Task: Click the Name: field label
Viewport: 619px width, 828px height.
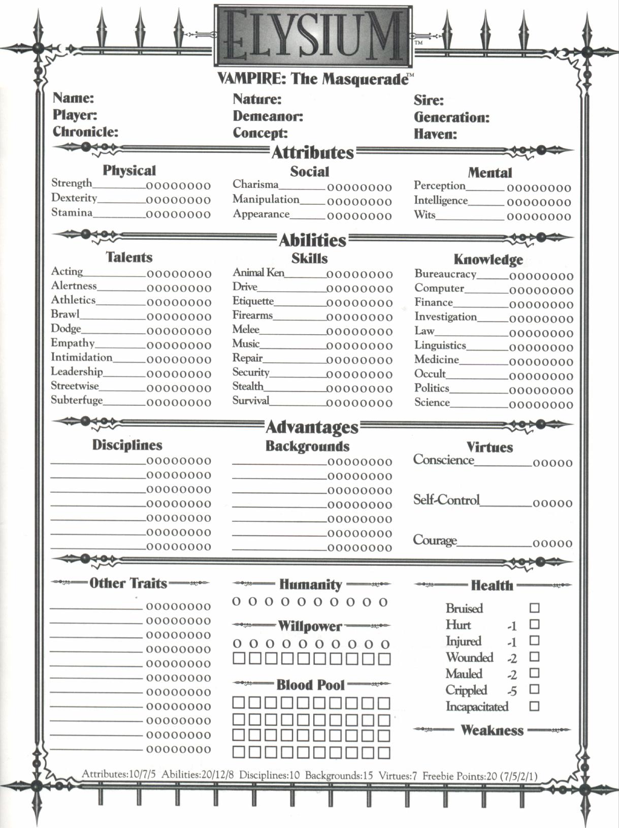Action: tap(73, 98)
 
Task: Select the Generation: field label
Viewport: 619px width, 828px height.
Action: tap(451, 117)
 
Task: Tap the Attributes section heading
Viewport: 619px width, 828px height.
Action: tap(312, 152)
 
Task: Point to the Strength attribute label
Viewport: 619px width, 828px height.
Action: tap(72, 183)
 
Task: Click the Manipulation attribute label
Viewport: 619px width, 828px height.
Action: tap(266, 199)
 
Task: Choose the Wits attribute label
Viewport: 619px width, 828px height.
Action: tap(425, 214)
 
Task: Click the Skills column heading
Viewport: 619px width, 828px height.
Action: tap(309, 258)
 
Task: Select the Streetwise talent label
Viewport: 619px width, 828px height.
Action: tap(75, 386)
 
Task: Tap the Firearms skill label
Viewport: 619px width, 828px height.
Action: tap(252, 315)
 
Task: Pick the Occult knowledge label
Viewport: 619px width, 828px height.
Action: tap(430, 374)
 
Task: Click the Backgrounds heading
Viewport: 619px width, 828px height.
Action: tap(307, 446)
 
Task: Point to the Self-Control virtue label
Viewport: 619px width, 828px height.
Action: tap(446, 500)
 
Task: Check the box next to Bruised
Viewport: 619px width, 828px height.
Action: tap(534, 608)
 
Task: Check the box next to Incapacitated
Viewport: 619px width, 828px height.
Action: tap(534, 706)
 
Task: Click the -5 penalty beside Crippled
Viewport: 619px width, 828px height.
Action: tap(512, 691)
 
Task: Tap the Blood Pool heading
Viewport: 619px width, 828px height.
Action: tap(310, 685)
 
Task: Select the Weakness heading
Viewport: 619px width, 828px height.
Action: tap(492, 730)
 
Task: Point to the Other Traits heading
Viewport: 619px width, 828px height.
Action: tap(128, 583)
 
